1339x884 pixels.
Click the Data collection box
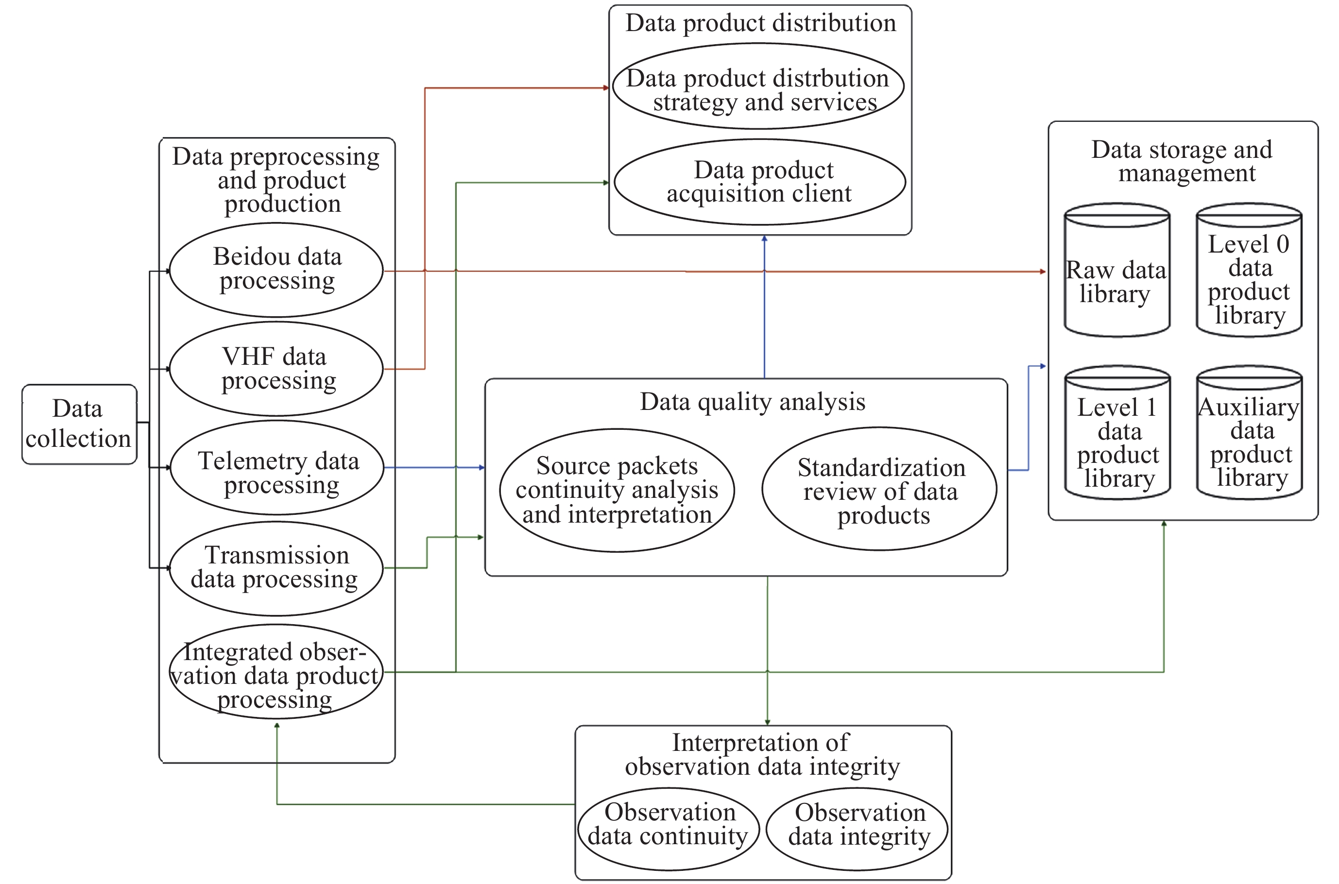79,424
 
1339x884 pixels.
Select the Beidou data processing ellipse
276,270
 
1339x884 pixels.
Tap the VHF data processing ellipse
276,369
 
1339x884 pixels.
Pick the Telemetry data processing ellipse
277,467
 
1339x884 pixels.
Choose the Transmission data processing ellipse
276,568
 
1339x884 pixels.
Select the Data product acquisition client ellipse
759,182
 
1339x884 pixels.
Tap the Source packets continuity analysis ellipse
617,490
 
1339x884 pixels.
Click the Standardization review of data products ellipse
879,489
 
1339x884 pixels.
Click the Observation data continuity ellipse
669,829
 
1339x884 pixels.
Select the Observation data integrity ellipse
857,829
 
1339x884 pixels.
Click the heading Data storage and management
1183,161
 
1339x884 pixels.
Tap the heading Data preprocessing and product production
277,180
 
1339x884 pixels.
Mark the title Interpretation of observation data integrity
762,754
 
